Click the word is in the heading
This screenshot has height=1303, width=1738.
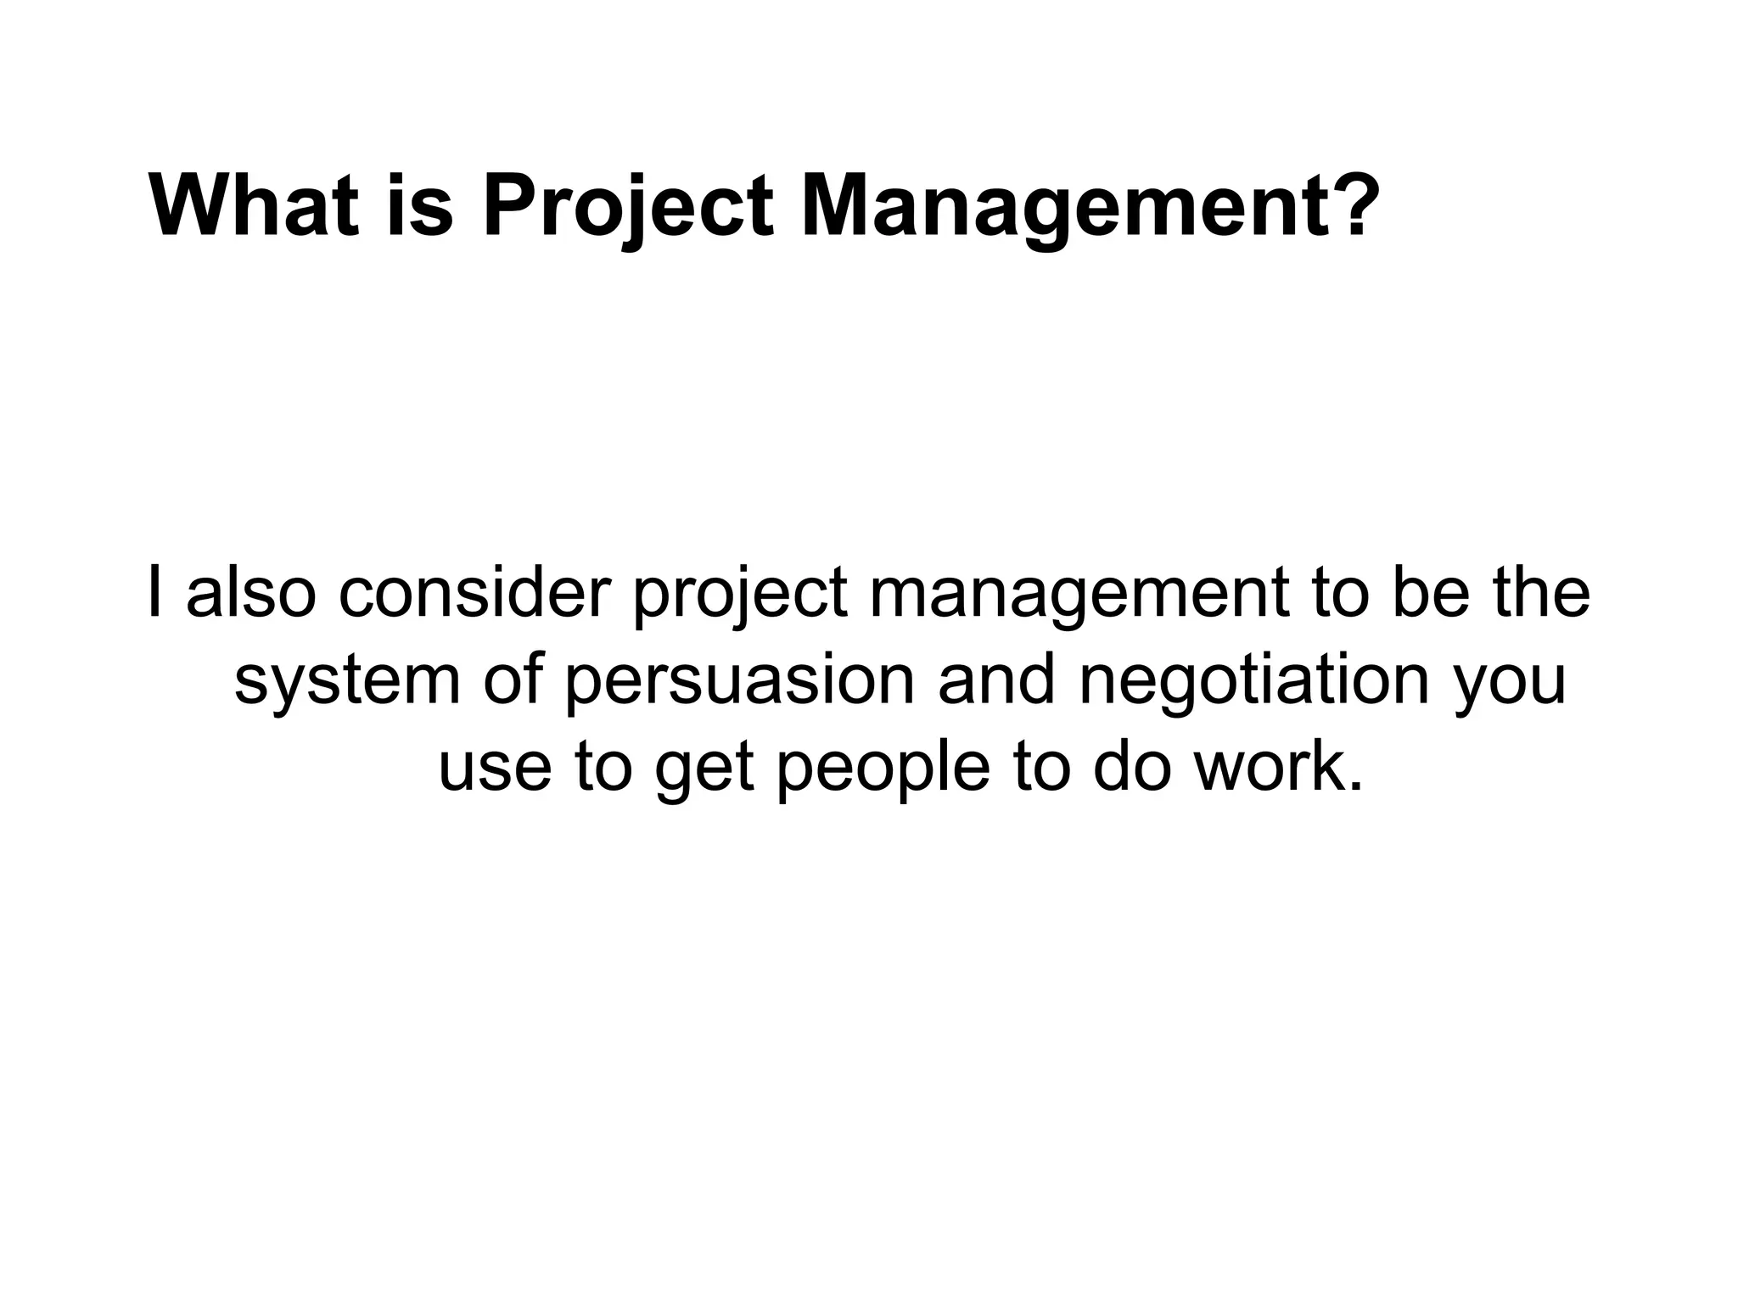click(421, 206)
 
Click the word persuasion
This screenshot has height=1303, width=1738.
click(739, 680)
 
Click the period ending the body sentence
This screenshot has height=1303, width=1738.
click(1354, 785)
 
